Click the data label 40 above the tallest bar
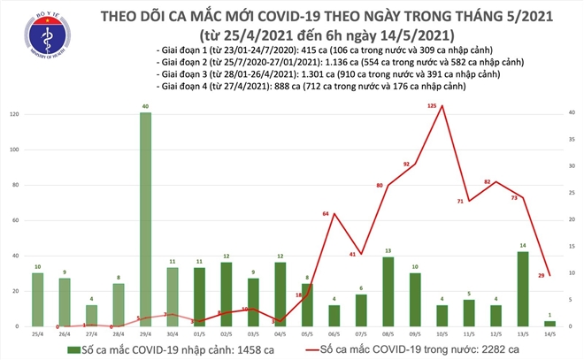(x=145, y=107)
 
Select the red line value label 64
(x=326, y=214)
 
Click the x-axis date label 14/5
(x=550, y=335)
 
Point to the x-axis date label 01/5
(x=199, y=335)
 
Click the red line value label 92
(x=406, y=165)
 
